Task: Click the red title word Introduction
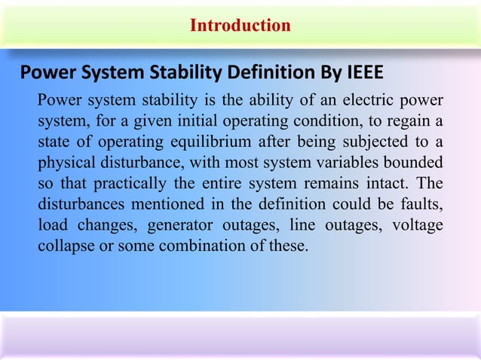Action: point(240,26)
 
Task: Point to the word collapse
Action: point(64,246)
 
